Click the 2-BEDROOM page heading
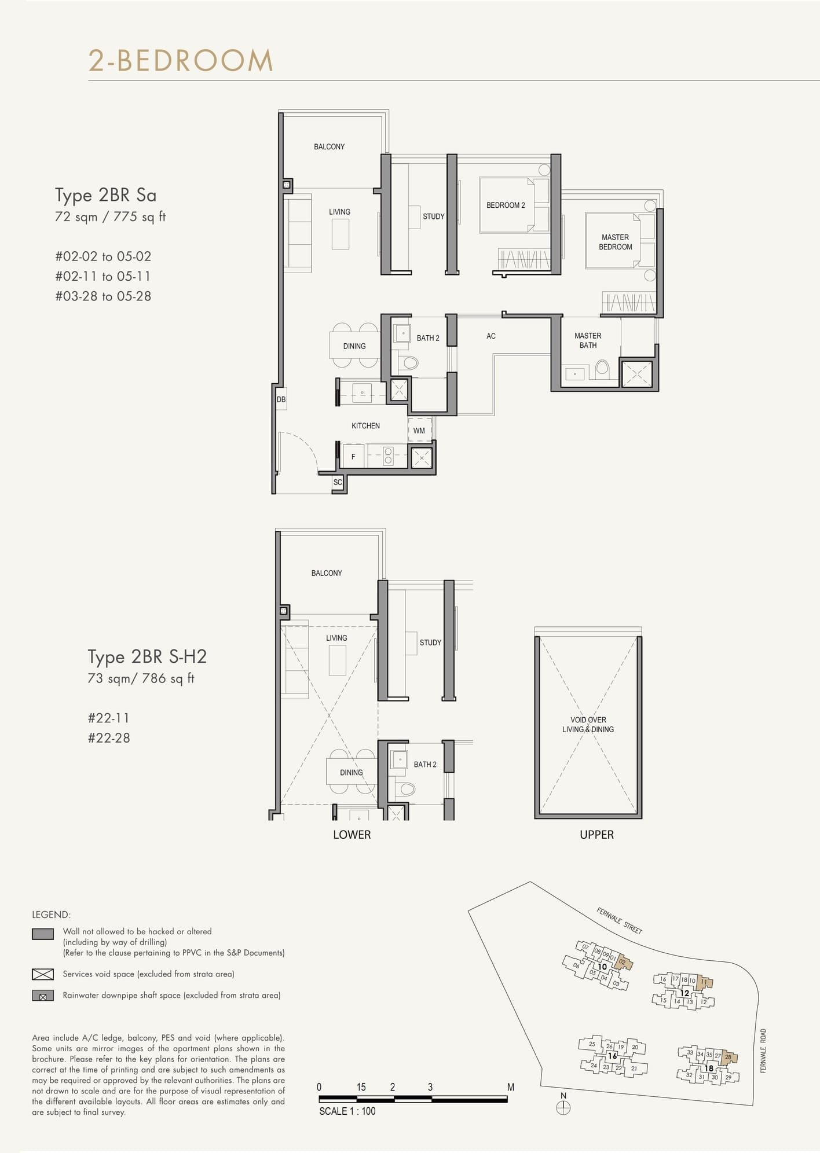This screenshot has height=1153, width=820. pyautogui.click(x=181, y=61)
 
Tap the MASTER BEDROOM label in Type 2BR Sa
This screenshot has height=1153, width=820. pyautogui.click(x=615, y=242)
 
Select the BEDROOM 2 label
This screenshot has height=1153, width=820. pyautogui.click(x=506, y=205)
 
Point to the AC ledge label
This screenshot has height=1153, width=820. pyautogui.click(x=491, y=336)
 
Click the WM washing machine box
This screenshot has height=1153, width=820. pyautogui.click(x=419, y=431)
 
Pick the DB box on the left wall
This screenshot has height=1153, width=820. pyautogui.click(x=281, y=399)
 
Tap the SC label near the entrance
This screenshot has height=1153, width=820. pyautogui.click(x=338, y=482)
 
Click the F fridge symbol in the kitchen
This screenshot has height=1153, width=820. pyautogui.click(x=353, y=457)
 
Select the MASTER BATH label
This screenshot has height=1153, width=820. pyautogui.click(x=588, y=340)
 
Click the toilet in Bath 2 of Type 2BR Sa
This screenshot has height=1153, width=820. pyautogui.click(x=410, y=363)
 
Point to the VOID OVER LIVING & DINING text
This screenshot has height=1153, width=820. pyautogui.click(x=588, y=725)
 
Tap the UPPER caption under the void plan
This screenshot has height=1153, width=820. pyautogui.click(x=596, y=835)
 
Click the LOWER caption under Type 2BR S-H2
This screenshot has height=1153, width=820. pyautogui.click(x=352, y=835)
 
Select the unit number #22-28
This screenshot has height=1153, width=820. pyautogui.click(x=109, y=738)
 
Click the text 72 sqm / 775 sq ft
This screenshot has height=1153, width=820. pyautogui.click(x=110, y=217)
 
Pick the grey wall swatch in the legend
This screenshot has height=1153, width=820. pyautogui.click(x=43, y=934)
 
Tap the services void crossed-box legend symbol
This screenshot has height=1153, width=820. pyautogui.click(x=43, y=974)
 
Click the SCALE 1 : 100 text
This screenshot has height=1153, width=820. pyautogui.click(x=347, y=1111)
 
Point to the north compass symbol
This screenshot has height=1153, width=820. pyautogui.click(x=563, y=1107)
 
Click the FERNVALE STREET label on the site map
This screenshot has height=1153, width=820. pyautogui.click(x=619, y=921)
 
